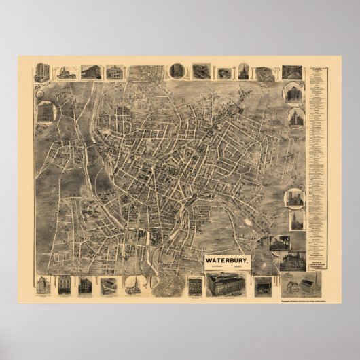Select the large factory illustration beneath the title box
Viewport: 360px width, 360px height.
[228, 285]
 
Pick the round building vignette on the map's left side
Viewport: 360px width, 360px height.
[46, 111]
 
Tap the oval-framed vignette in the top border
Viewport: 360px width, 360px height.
[177, 71]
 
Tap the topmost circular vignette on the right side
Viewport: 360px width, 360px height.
[294, 93]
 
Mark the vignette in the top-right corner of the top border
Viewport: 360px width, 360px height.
[292, 72]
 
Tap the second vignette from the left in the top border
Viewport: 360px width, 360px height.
[66, 72]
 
